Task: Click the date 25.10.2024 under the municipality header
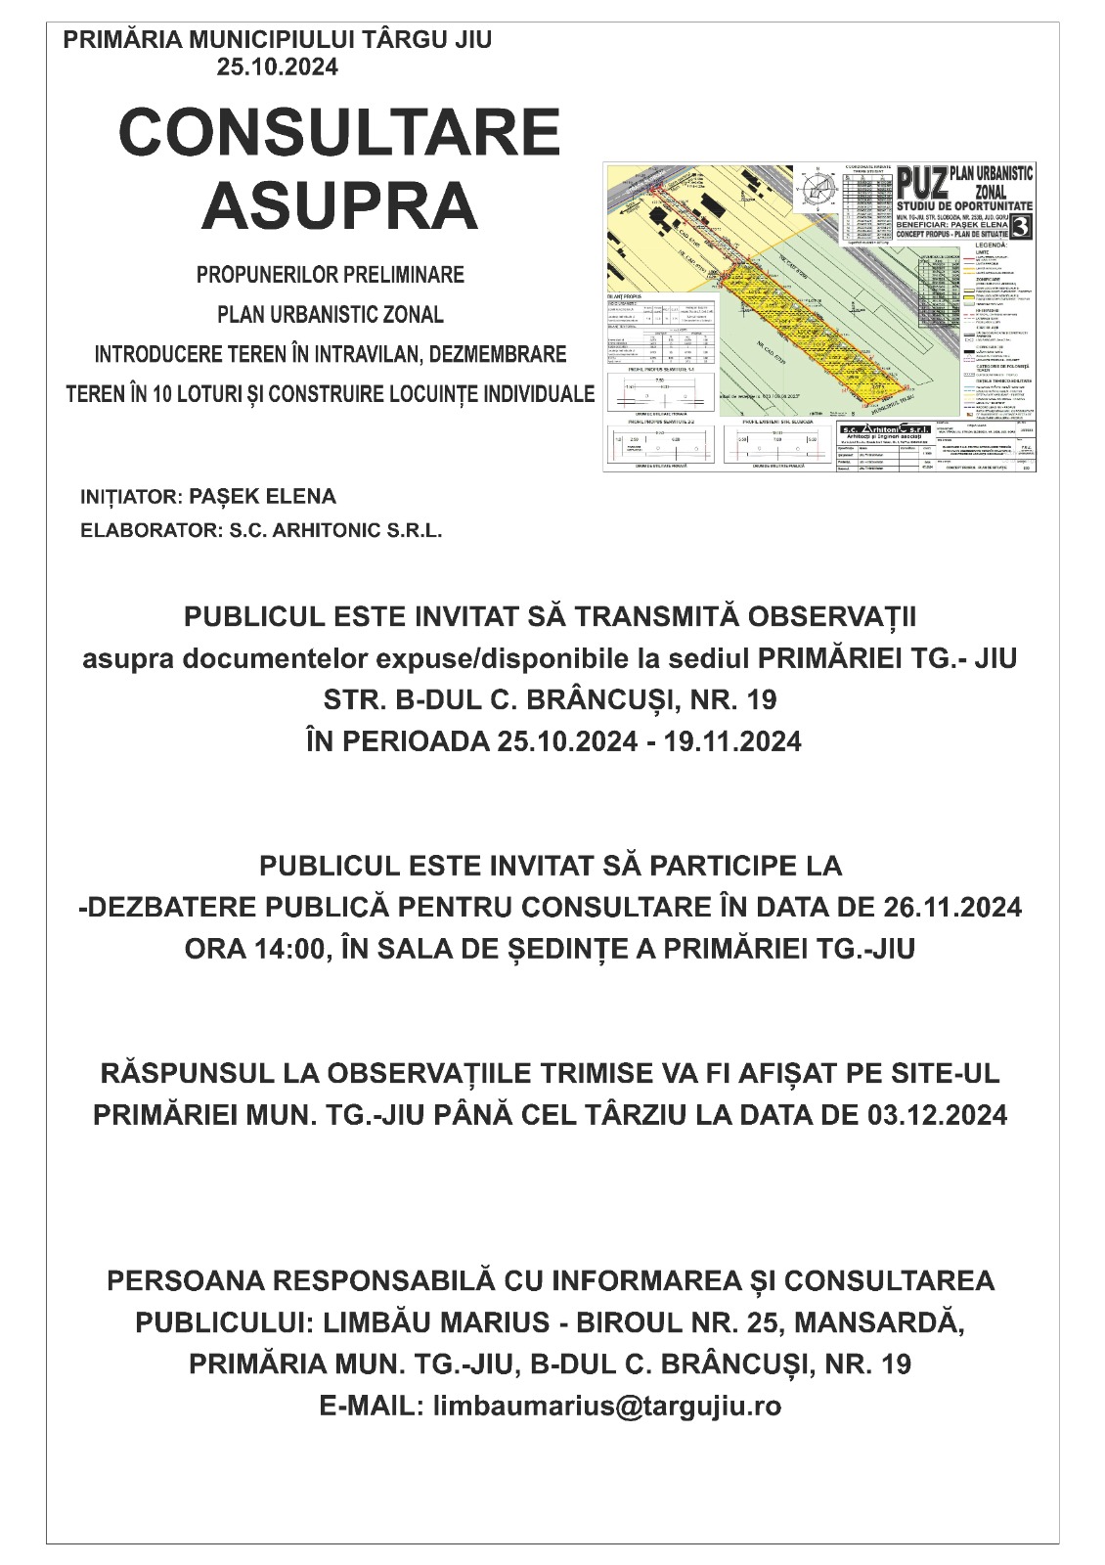click(x=277, y=67)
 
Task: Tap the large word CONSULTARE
click(x=339, y=132)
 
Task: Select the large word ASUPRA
click(x=339, y=206)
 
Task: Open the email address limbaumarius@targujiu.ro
click(x=606, y=1406)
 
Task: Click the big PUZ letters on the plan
click(x=921, y=183)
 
